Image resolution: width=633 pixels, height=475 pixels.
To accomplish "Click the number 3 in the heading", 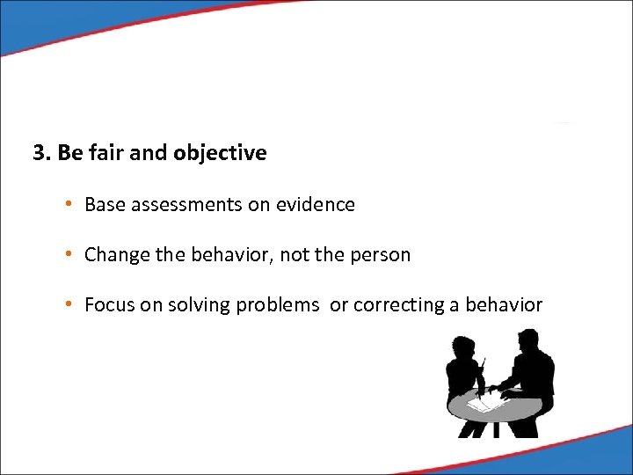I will point(39,153).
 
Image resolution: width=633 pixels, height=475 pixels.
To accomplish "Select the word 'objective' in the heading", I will point(220,153).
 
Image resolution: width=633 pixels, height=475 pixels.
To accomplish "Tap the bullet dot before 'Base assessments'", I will point(68,205).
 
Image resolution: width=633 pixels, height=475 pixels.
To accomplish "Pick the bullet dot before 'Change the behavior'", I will point(68,255).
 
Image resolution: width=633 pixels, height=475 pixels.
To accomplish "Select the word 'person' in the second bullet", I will point(382,255).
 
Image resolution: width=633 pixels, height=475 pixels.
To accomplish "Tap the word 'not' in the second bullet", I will point(302,255).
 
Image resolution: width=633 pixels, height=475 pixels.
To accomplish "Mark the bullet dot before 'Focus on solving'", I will point(68,305).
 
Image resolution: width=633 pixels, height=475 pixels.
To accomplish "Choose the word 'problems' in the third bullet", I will point(278,305).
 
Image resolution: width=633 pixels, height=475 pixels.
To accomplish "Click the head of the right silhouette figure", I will point(527,341).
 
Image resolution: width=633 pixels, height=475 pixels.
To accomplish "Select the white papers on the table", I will point(481,403).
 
